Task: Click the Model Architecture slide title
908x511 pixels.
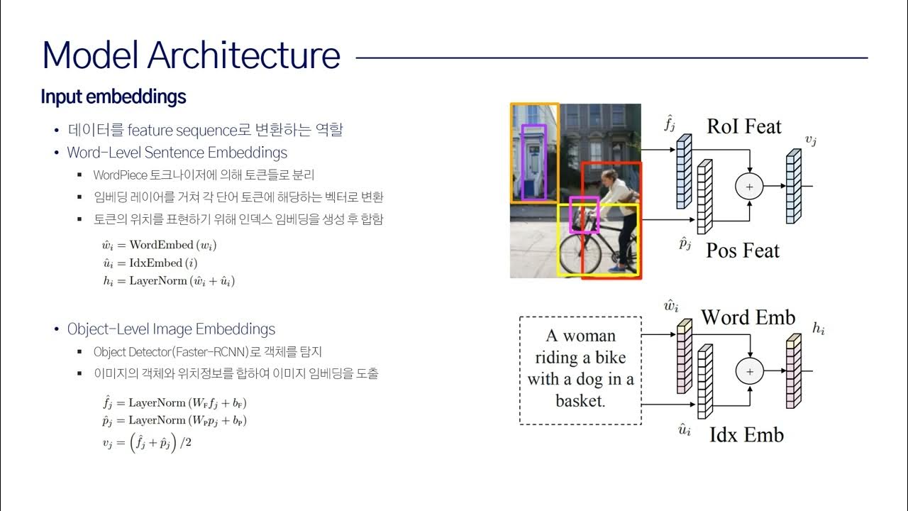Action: (x=191, y=55)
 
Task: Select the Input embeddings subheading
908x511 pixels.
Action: (x=113, y=97)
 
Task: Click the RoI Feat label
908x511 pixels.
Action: (x=743, y=127)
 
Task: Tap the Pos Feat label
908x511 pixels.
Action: (x=742, y=251)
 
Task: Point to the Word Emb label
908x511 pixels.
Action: (x=748, y=317)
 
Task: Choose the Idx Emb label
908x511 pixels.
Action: (x=746, y=434)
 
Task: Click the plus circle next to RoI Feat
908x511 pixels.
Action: (x=748, y=187)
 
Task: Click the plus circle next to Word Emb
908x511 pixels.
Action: (x=748, y=370)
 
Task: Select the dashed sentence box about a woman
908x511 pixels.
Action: (x=580, y=370)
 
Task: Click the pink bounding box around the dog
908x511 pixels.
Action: (x=585, y=215)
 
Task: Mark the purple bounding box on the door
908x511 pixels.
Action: (x=533, y=162)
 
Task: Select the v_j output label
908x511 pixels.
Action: (x=810, y=141)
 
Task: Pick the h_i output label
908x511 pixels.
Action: (x=818, y=329)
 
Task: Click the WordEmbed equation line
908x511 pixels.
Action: (x=159, y=245)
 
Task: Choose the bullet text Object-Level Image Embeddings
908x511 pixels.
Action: (x=171, y=329)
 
